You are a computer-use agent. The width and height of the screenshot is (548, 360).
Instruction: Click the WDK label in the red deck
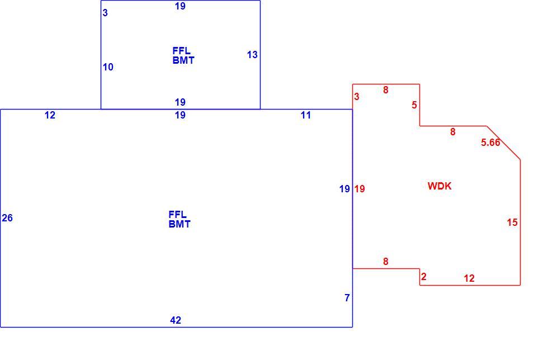point(440,186)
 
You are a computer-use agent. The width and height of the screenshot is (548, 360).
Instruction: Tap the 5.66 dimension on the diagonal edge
point(490,142)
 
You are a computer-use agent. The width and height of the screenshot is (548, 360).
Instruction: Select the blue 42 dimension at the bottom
point(176,320)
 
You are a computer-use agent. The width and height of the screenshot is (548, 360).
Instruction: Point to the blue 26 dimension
point(7,218)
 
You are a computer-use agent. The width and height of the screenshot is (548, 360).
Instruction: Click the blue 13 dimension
point(252,55)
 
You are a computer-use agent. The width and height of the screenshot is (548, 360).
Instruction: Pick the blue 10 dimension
point(108,67)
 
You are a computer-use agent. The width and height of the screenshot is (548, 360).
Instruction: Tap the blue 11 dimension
point(306,115)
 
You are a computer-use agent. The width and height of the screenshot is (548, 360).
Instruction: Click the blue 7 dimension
point(347,298)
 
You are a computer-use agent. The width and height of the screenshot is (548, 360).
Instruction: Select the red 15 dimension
point(512,222)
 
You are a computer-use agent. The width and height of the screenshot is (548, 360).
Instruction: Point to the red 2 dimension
point(424,277)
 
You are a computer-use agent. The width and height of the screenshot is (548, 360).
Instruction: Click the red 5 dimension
point(414,105)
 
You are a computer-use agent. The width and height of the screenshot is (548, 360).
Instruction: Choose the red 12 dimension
point(469,278)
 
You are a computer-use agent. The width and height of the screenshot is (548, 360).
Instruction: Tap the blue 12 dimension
point(50,115)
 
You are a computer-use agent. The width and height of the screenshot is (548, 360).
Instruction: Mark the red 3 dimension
point(357,97)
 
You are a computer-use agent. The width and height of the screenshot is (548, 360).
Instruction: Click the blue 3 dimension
point(105,13)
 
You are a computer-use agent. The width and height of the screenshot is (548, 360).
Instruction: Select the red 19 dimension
point(360,189)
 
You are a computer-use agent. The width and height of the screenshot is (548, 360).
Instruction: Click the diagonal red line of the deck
point(503,143)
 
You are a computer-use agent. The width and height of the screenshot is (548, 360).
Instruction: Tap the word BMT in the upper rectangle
point(183,60)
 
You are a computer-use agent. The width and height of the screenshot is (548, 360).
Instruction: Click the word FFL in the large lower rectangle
point(178,214)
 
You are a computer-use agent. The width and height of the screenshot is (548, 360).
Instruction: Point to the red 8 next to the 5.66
point(452,132)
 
